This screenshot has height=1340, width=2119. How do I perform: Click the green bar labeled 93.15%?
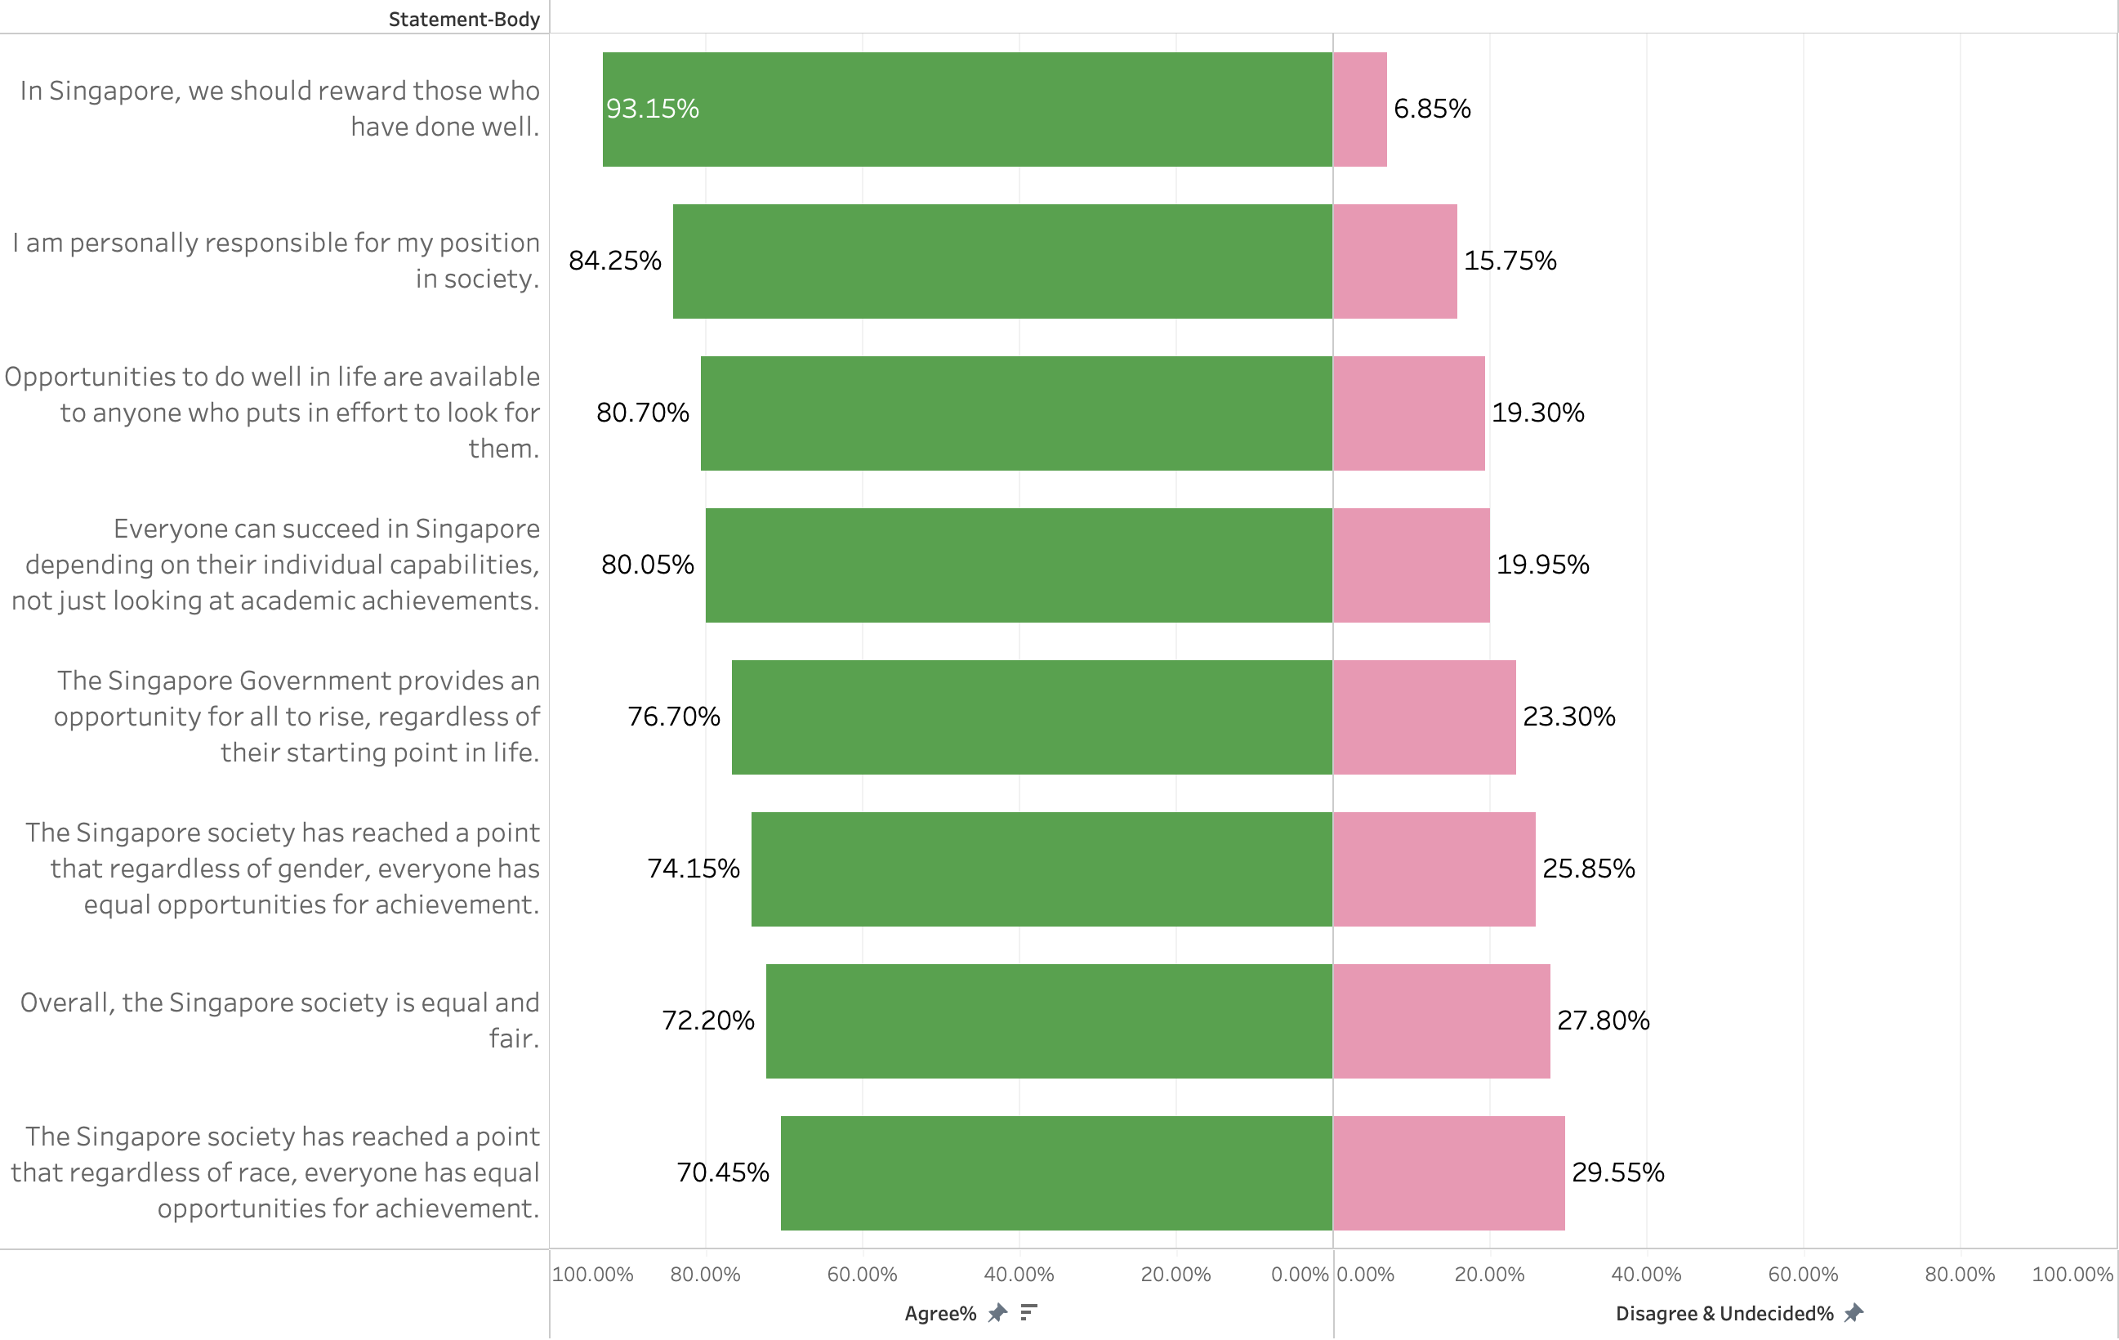click(968, 109)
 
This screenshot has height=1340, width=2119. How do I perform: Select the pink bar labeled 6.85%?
click(1359, 109)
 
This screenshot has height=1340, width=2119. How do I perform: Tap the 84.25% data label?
click(614, 261)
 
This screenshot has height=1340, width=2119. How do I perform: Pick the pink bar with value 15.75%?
click(1394, 261)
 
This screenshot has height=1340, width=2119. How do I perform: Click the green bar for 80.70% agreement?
click(1016, 413)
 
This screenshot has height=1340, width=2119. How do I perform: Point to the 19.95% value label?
click(1542, 565)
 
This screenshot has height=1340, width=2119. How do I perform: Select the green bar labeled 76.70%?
click(1033, 717)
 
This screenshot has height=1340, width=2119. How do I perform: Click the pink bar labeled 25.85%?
click(1434, 869)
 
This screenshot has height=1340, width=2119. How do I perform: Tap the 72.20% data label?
click(707, 1021)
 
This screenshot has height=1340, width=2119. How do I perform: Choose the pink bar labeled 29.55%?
click(1448, 1172)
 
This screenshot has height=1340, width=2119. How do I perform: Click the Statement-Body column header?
click(464, 20)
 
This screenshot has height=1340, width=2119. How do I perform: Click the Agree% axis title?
click(939, 1314)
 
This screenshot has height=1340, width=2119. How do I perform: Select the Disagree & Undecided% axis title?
click(1724, 1314)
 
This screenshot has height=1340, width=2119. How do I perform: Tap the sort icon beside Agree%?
click(1028, 1313)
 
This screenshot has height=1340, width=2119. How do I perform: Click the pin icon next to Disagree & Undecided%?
click(1854, 1313)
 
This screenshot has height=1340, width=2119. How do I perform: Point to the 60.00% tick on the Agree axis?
click(862, 1274)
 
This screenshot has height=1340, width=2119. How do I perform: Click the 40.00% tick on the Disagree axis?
click(1645, 1274)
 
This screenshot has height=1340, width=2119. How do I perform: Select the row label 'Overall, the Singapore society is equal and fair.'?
click(280, 1021)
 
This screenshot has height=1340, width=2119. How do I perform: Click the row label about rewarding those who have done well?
click(280, 109)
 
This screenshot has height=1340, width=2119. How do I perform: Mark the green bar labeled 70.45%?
click(1056, 1172)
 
